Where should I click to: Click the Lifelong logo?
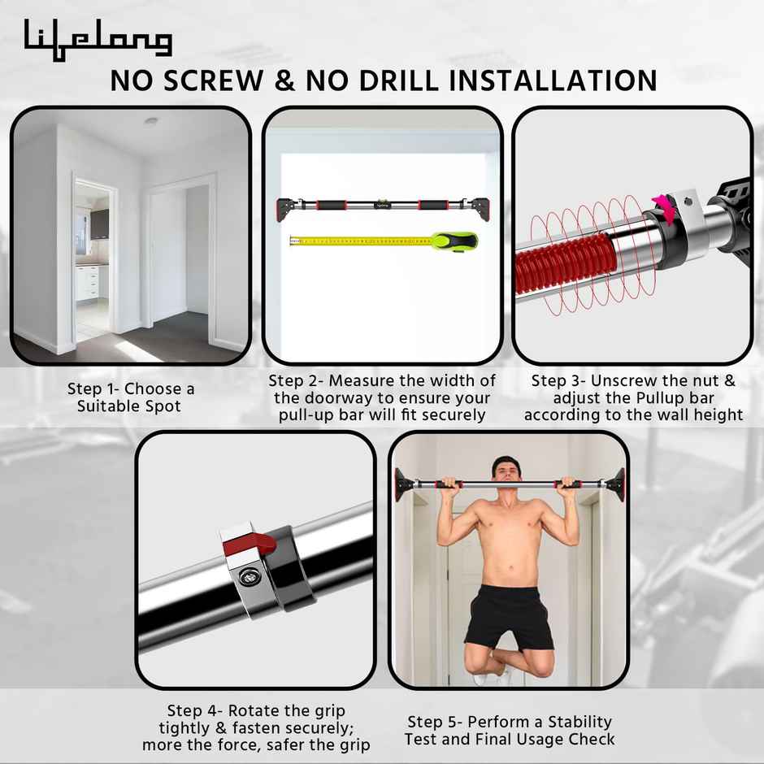click(98, 38)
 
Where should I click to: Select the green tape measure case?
click(453, 241)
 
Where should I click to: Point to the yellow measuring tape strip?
click(358, 241)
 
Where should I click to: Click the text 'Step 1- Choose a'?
click(131, 389)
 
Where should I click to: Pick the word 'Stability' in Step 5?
click(575, 721)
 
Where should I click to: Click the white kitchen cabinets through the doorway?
click(88, 280)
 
